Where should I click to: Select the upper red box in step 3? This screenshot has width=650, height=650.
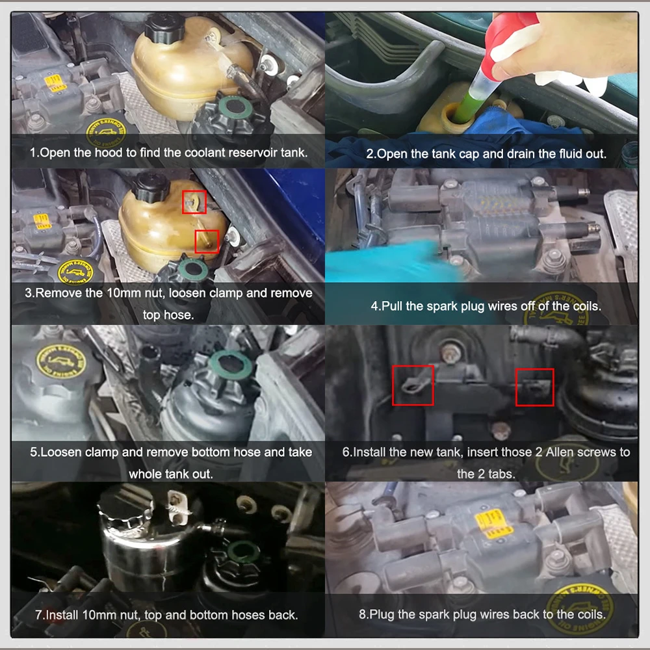point(194,202)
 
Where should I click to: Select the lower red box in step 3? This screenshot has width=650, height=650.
point(207,241)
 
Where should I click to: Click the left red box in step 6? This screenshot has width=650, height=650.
point(413,385)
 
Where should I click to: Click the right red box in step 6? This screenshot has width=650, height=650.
point(534,387)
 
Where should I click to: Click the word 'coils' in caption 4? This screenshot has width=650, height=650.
point(583,305)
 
